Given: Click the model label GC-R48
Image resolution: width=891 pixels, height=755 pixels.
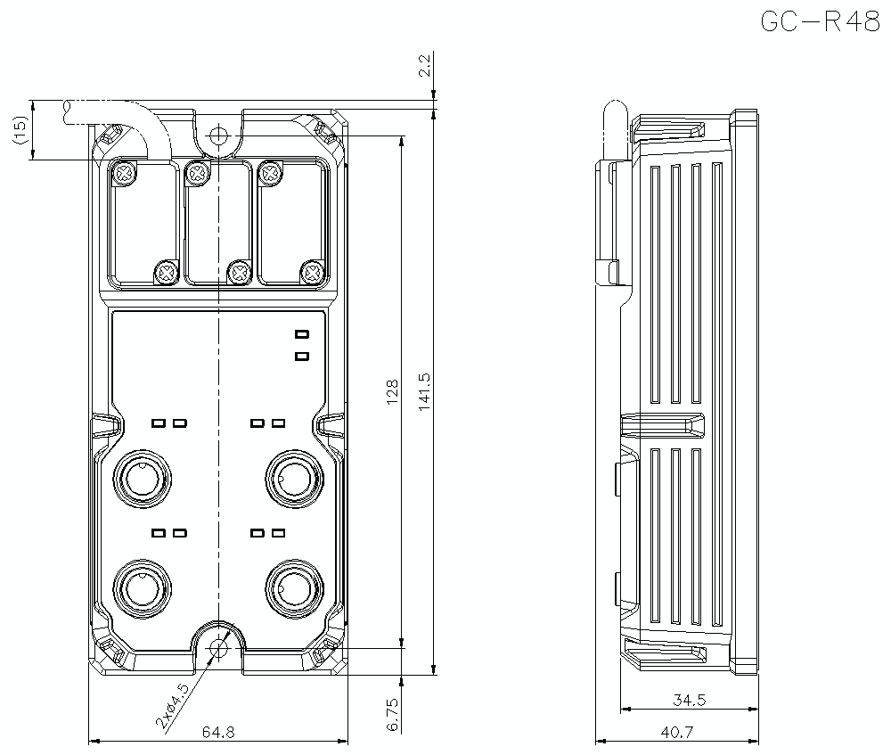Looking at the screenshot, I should pyautogui.click(x=820, y=21).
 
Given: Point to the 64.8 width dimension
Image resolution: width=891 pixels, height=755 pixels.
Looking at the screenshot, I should pyautogui.click(x=217, y=732).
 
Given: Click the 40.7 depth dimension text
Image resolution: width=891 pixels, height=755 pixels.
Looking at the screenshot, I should pyautogui.click(x=676, y=732).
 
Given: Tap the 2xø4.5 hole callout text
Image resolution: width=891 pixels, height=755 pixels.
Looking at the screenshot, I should pyautogui.click(x=172, y=707).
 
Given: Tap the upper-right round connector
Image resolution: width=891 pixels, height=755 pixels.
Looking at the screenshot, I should pyautogui.click(x=291, y=479).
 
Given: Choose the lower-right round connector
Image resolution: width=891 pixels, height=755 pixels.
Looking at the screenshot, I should pyautogui.click(x=291, y=588).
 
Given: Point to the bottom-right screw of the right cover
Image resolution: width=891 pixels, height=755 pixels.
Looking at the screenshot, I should pyautogui.click(x=312, y=272).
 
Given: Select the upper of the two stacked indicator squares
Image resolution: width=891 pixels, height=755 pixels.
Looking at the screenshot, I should pyautogui.click(x=302, y=334).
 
